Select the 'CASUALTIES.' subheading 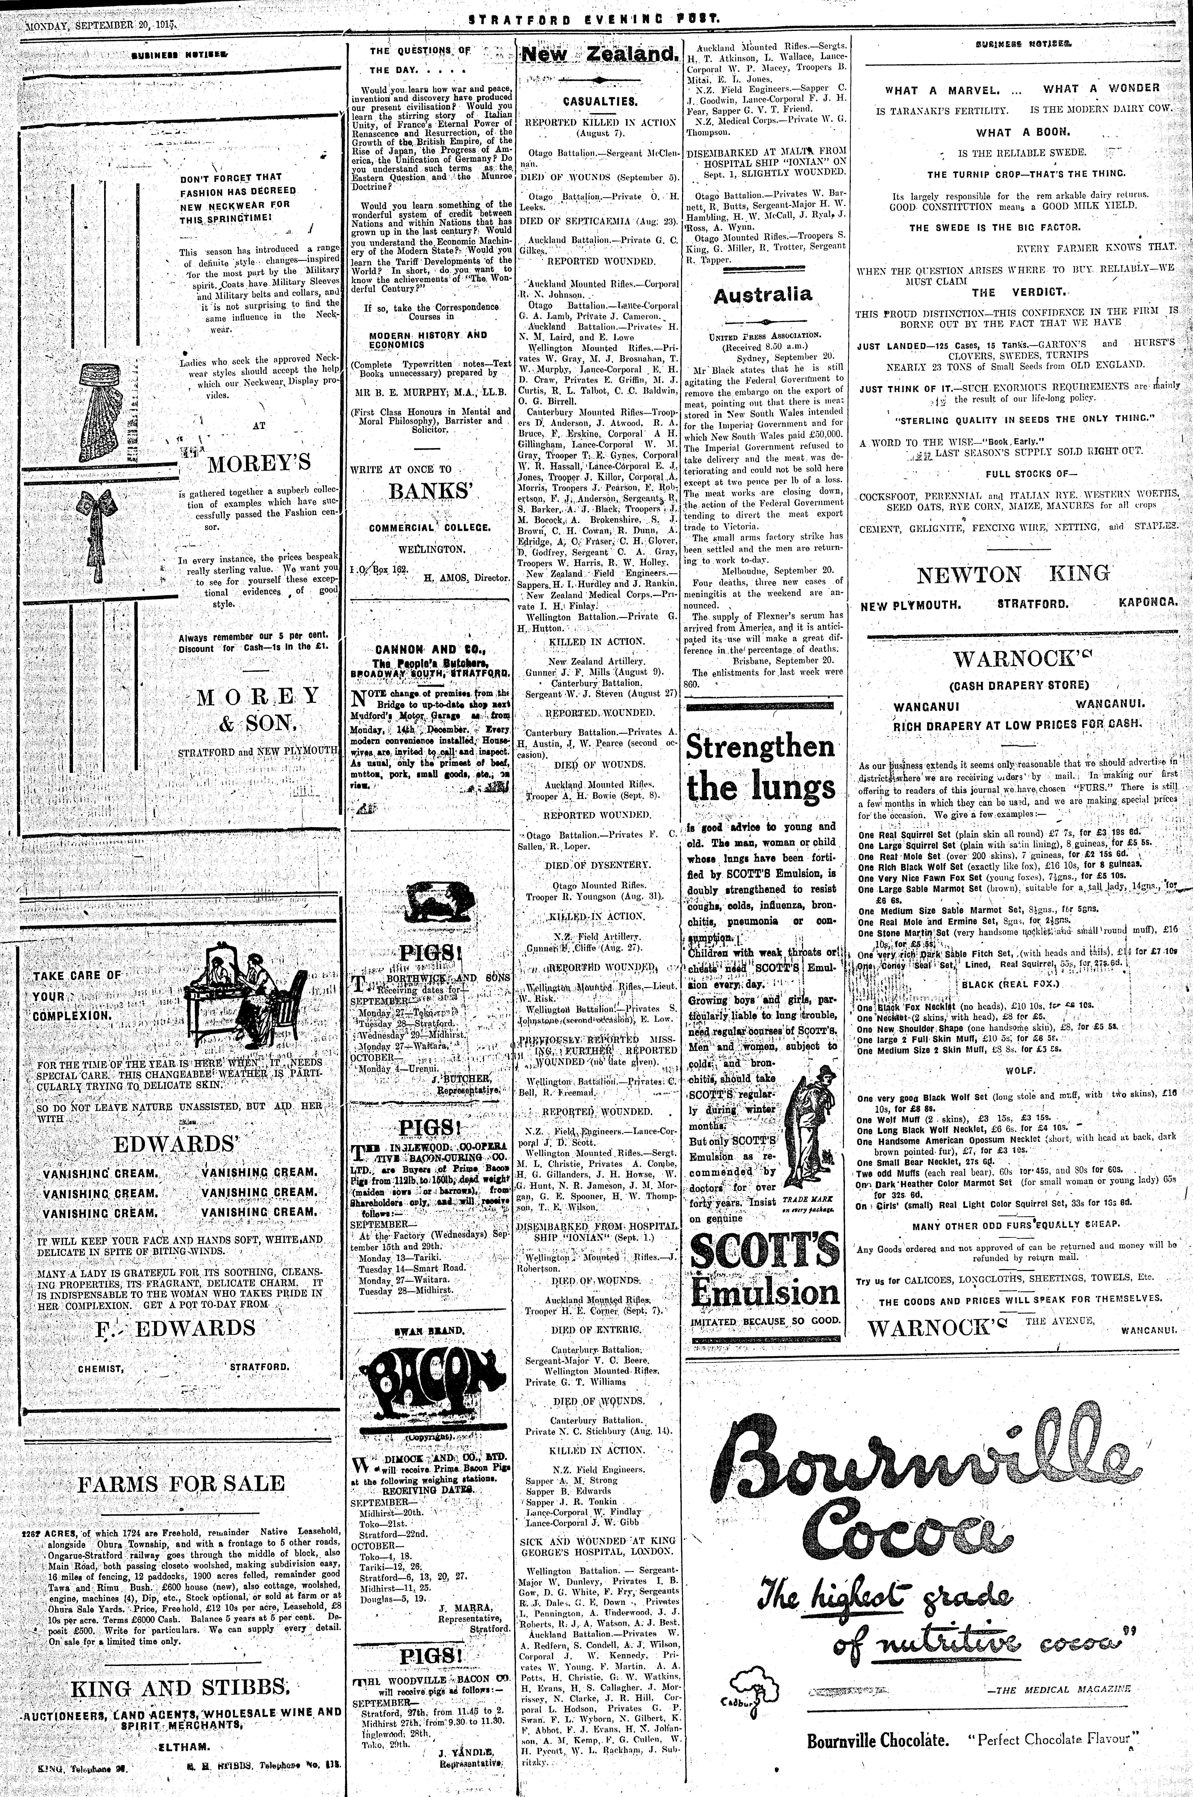click(x=600, y=100)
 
